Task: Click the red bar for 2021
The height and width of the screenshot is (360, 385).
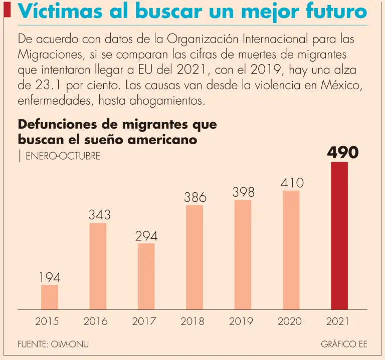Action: click(339, 235)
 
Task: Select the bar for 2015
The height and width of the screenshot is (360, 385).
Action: click(50, 297)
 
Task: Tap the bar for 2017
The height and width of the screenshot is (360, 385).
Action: click(146, 276)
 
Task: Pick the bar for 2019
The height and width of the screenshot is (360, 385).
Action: click(243, 255)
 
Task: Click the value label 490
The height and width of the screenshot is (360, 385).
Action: click(343, 152)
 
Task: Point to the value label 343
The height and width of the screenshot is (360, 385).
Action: click(99, 215)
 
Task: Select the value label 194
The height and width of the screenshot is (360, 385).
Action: click(51, 277)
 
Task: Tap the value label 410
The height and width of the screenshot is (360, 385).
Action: click(291, 183)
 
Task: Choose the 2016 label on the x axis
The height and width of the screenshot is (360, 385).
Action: click(95, 322)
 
